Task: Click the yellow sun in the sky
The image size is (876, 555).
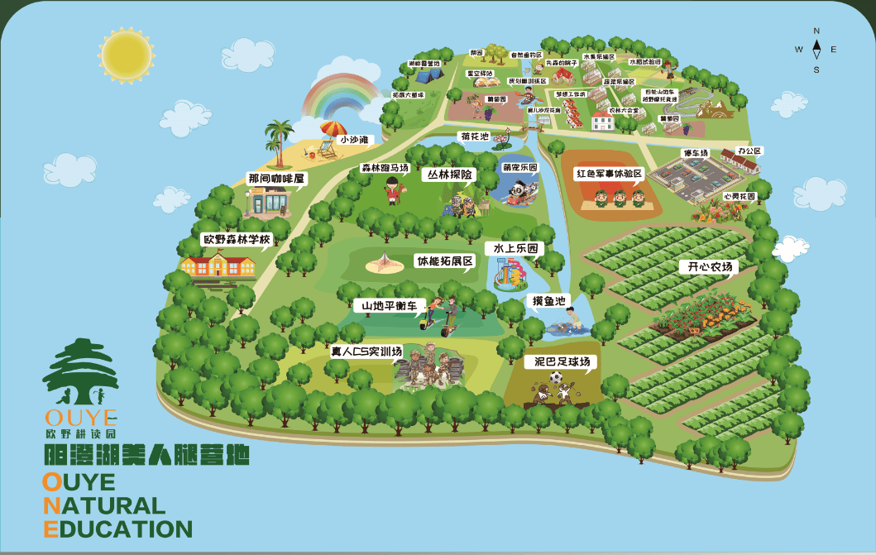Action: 125,54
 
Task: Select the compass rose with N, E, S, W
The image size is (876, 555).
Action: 816,50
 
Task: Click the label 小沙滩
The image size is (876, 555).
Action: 353,140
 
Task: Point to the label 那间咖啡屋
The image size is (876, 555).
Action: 275,178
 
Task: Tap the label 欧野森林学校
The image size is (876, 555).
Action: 237,240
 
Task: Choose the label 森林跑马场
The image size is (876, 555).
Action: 385,168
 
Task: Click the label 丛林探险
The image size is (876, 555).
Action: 451,175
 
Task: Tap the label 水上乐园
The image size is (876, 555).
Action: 515,247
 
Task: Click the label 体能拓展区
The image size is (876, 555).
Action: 444,261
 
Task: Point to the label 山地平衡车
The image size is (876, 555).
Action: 389,305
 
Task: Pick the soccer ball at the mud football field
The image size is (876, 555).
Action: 556,377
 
